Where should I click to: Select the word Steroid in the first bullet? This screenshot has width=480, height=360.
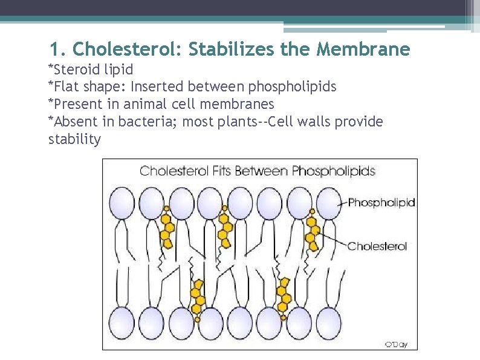76,70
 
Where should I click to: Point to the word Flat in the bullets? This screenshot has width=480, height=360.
66,87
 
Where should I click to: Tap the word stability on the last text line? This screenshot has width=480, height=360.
74,139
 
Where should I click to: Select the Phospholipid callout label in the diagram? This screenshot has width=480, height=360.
381,203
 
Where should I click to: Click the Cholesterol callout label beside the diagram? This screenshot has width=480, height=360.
377,246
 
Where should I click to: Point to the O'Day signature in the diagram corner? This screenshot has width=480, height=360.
396,344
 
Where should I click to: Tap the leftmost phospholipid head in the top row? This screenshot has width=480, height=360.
122,202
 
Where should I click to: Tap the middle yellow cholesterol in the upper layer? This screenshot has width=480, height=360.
225,227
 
